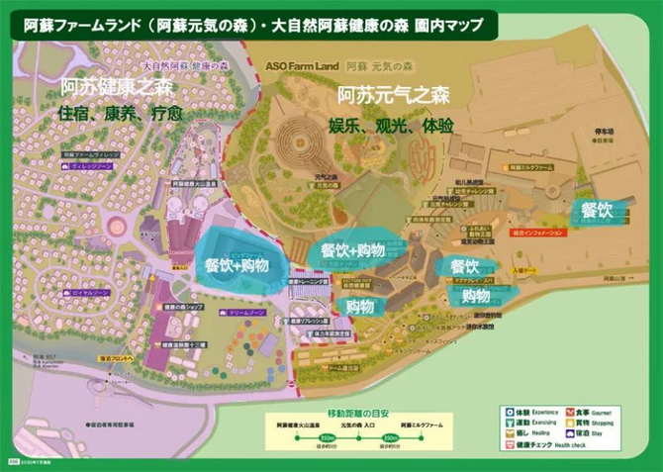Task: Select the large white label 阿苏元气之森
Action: point(393,96)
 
